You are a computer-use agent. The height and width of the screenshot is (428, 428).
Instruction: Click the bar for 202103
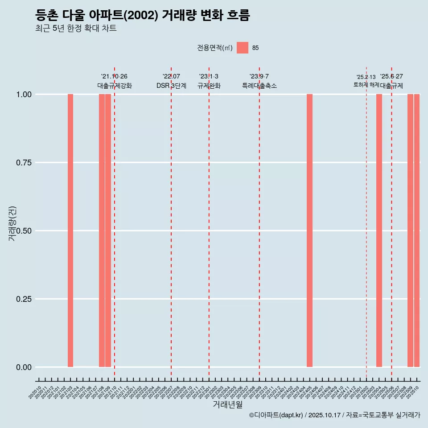pyautogui.click(x=70, y=230)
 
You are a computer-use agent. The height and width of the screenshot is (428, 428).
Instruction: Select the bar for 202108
pyautogui.click(x=102, y=230)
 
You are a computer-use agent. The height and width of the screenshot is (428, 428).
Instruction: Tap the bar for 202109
pyautogui.click(x=108, y=230)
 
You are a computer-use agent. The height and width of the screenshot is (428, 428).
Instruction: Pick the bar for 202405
pyautogui.click(x=309, y=230)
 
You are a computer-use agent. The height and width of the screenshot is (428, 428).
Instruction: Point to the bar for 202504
pyautogui.click(x=379, y=230)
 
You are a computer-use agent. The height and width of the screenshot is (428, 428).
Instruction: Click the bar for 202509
pyautogui.click(x=410, y=230)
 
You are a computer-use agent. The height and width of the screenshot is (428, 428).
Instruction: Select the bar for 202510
pyautogui.click(x=417, y=230)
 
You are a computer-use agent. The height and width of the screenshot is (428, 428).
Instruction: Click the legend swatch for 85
pyautogui.click(x=243, y=48)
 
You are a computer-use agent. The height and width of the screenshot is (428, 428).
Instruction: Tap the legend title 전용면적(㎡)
pyautogui.click(x=215, y=48)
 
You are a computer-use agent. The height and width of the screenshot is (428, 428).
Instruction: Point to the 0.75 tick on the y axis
pyautogui.click(x=24, y=163)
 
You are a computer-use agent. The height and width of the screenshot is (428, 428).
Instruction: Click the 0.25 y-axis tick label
pyautogui.click(x=24, y=299)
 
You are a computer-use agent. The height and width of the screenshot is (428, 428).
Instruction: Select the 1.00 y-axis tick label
pyautogui.click(x=24, y=95)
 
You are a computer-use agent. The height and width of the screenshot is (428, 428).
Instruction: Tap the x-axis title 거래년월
pyautogui.click(x=227, y=404)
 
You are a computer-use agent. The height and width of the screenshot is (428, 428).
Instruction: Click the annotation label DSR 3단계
pyautogui.click(x=171, y=86)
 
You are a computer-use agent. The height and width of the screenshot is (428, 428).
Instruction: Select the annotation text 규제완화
pyautogui.click(x=209, y=86)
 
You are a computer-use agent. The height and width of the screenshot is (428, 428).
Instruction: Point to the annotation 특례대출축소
pyautogui.click(x=259, y=86)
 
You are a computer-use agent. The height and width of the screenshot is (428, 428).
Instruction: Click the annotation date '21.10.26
pyautogui.click(x=114, y=77)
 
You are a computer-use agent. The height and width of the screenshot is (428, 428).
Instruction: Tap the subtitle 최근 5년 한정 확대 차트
pyautogui.click(x=76, y=29)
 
